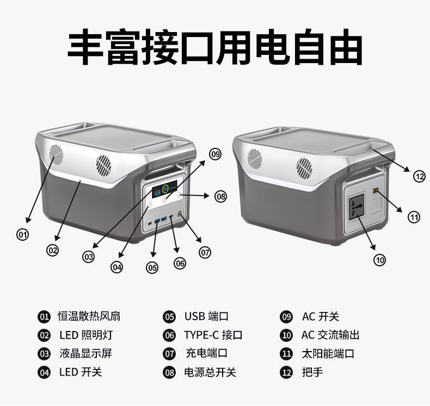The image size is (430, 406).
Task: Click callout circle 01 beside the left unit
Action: coord(22,235)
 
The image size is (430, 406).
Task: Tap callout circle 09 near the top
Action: coord(216,154)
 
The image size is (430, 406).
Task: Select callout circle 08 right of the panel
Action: coord(220,197)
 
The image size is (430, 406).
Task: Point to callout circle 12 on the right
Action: coord(419,176)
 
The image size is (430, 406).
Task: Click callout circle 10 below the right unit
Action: coord(379,260)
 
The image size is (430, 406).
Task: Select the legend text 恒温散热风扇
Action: coord(89,316)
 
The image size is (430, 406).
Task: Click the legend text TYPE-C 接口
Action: coord(213,335)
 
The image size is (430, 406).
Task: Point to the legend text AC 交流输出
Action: coord(330,335)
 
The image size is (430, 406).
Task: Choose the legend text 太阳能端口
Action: coord(328,354)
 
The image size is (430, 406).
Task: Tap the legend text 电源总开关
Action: coord(210,372)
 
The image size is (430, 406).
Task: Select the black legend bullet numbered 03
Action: coord(44,354)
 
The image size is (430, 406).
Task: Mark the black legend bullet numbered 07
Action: coord(170,354)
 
